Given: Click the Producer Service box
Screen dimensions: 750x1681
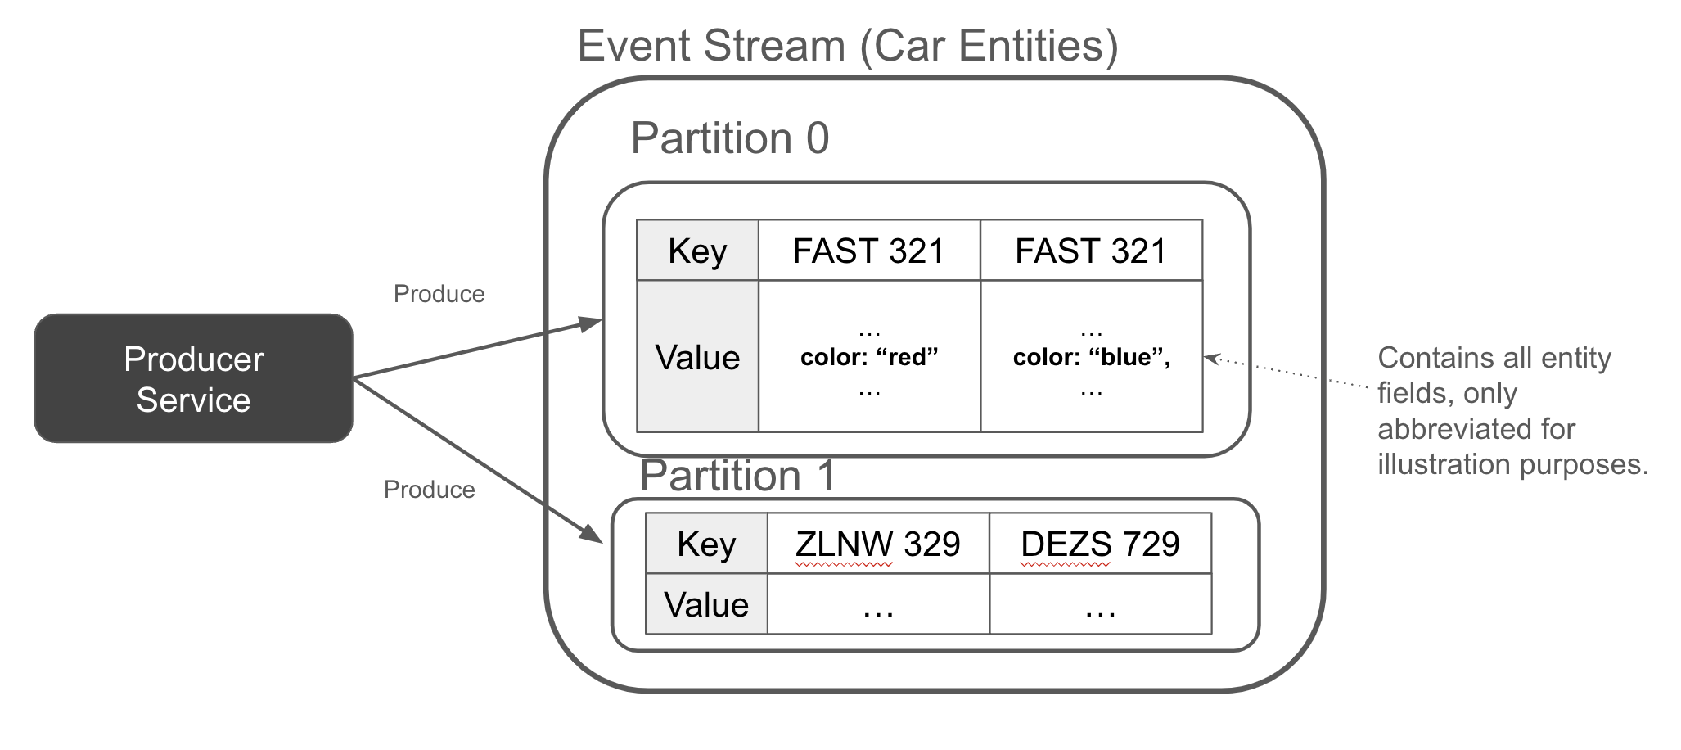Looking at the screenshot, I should coord(193,378).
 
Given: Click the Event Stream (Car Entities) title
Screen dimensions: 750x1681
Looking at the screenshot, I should coord(847,46).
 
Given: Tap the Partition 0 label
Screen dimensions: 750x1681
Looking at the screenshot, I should coord(729,138).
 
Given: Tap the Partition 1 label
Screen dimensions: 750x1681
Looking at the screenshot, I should coord(737,476).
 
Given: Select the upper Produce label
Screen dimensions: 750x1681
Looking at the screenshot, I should coord(439,294).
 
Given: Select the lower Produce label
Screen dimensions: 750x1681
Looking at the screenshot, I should coord(429,490).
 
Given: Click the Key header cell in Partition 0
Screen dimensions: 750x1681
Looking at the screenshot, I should coord(697,251).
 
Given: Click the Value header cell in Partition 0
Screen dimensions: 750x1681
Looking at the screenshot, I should coord(697,357).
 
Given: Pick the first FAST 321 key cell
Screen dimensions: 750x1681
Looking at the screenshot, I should coord(868,251).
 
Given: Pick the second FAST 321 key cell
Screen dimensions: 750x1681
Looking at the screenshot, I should coord(1090,251).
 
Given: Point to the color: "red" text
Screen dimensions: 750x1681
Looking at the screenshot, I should coord(868,357).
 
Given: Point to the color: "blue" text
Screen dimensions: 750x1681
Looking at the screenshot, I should coord(1090,357).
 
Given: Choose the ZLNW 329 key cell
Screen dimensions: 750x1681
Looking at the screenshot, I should coord(877,544).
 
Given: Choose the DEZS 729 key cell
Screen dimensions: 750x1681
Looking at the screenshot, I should coord(1099,544).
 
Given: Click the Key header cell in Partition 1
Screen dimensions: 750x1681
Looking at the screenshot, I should coord(706,544).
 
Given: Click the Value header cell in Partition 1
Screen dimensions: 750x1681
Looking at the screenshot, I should coord(706,604).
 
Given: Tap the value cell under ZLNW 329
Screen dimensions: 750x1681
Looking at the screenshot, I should coord(877,604).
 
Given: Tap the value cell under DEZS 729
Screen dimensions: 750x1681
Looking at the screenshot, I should coord(1099,604).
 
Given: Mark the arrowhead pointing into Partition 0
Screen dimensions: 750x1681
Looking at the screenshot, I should coord(591,323).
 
